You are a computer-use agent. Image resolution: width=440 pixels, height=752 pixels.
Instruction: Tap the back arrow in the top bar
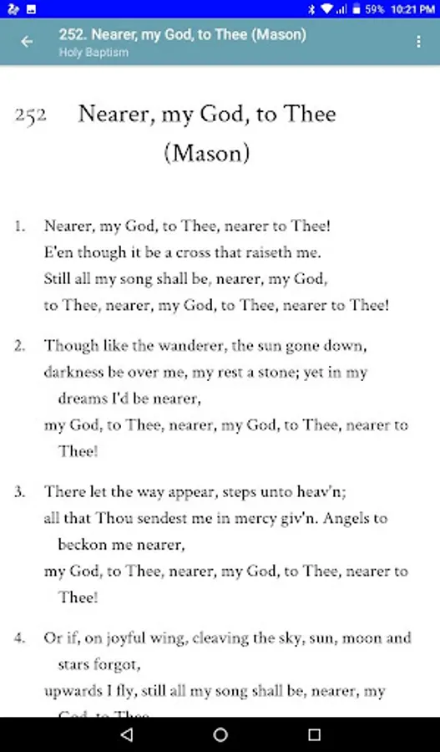28,42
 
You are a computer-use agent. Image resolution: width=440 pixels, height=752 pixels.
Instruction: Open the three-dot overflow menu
418,42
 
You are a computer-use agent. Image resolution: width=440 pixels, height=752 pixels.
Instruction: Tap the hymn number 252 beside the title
30,116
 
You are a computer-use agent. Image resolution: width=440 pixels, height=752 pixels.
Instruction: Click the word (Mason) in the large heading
207,154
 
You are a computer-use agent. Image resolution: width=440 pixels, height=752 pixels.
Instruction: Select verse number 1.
19,226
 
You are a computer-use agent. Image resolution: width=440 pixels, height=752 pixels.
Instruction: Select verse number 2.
19,346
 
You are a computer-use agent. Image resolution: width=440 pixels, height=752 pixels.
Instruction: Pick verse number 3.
19,491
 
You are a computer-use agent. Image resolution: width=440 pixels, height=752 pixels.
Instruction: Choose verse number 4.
19,638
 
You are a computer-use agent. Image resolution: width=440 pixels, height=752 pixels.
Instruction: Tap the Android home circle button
220,734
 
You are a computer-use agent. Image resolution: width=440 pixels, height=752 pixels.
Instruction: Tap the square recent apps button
314,734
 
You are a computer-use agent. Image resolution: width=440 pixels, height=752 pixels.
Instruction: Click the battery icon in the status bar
356,9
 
